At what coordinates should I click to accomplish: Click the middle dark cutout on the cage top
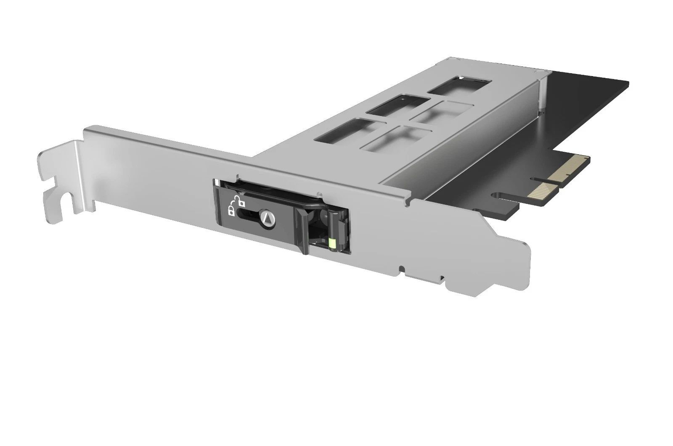point(397,105)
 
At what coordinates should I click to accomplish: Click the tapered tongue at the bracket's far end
point(511,269)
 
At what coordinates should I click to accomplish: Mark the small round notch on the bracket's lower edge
point(402,268)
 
